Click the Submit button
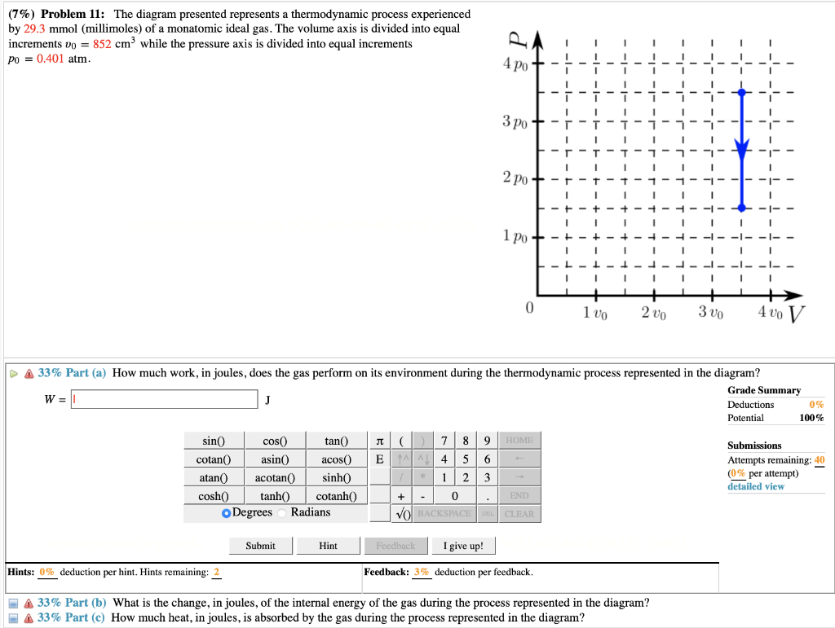pos(260,546)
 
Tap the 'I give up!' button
pos(463,546)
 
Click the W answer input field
pos(165,399)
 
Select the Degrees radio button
pos(227,512)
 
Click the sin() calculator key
pos(213,441)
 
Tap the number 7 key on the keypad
pos(444,441)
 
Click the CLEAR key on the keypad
pos(519,514)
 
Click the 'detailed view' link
pos(756,486)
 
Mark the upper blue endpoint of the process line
pos(741,93)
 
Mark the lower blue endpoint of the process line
pos(741,208)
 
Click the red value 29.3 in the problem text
pos(40,29)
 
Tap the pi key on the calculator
pos(378,441)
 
